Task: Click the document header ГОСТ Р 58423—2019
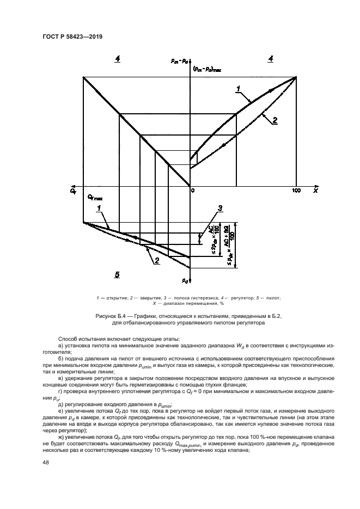click(x=73, y=36)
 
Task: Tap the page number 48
click(x=45, y=463)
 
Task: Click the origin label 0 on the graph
click(x=192, y=191)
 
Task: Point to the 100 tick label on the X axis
click(x=296, y=191)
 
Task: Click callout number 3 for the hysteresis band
click(x=219, y=208)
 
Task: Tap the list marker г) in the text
click(x=60, y=391)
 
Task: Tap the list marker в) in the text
click(x=60, y=378)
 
